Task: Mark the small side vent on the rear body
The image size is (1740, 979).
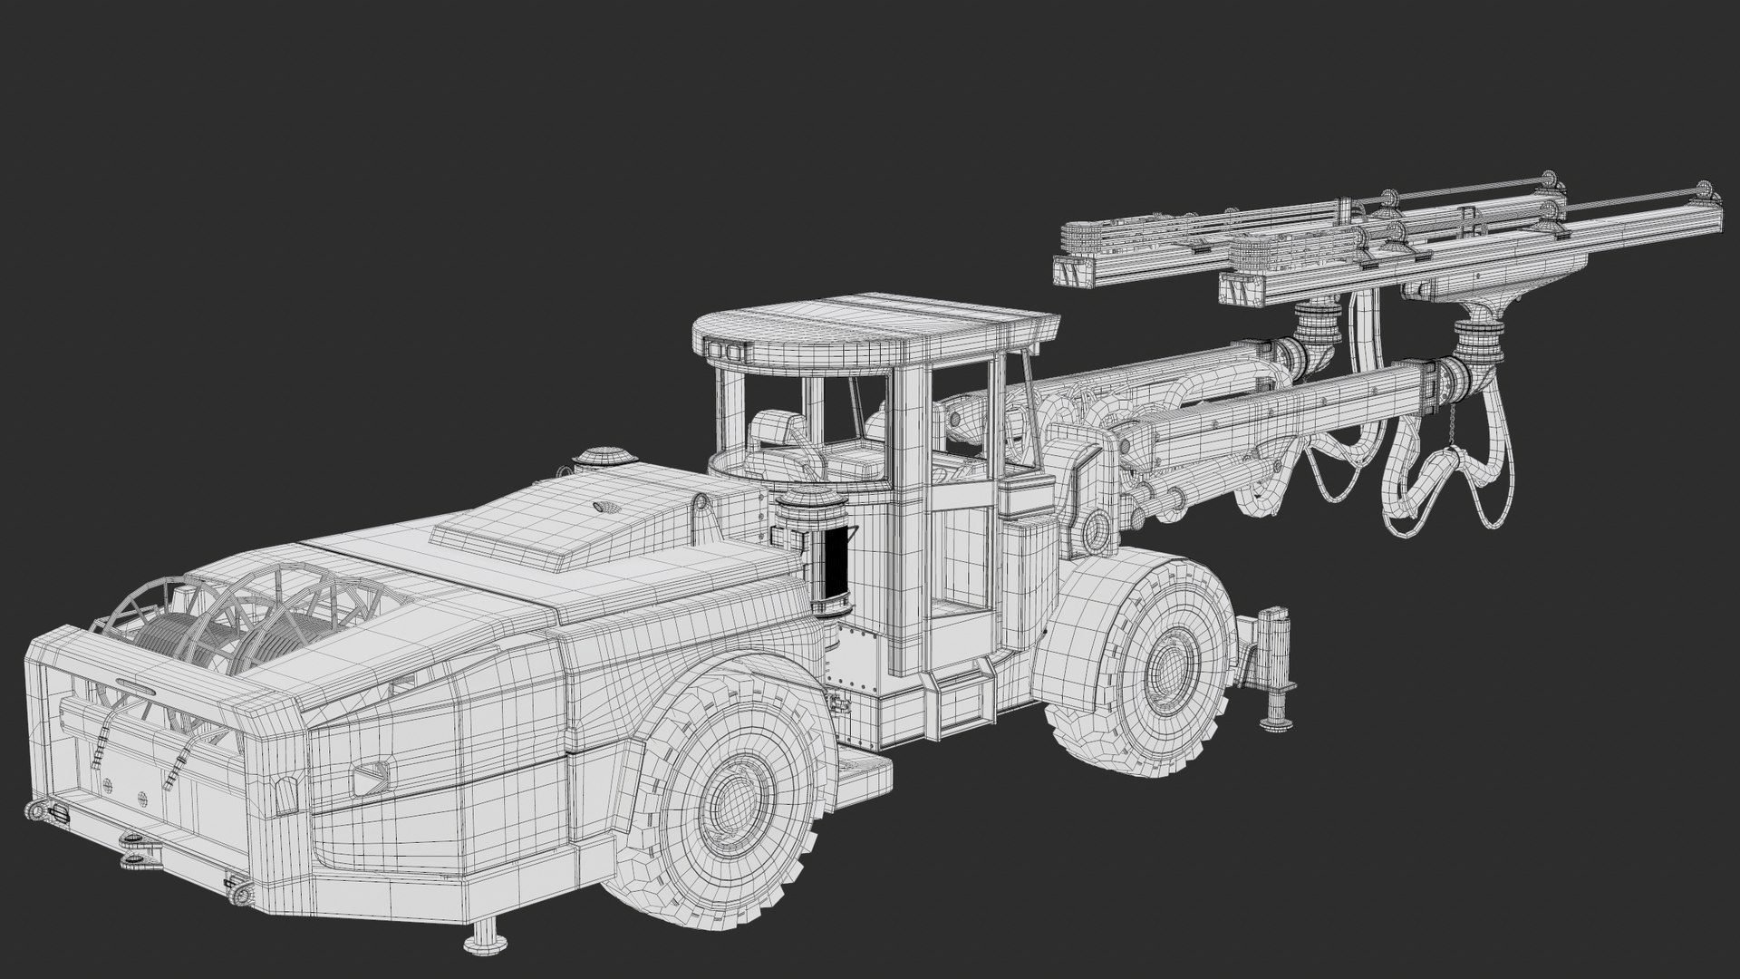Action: pyautogui.click(x=372, y=775)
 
